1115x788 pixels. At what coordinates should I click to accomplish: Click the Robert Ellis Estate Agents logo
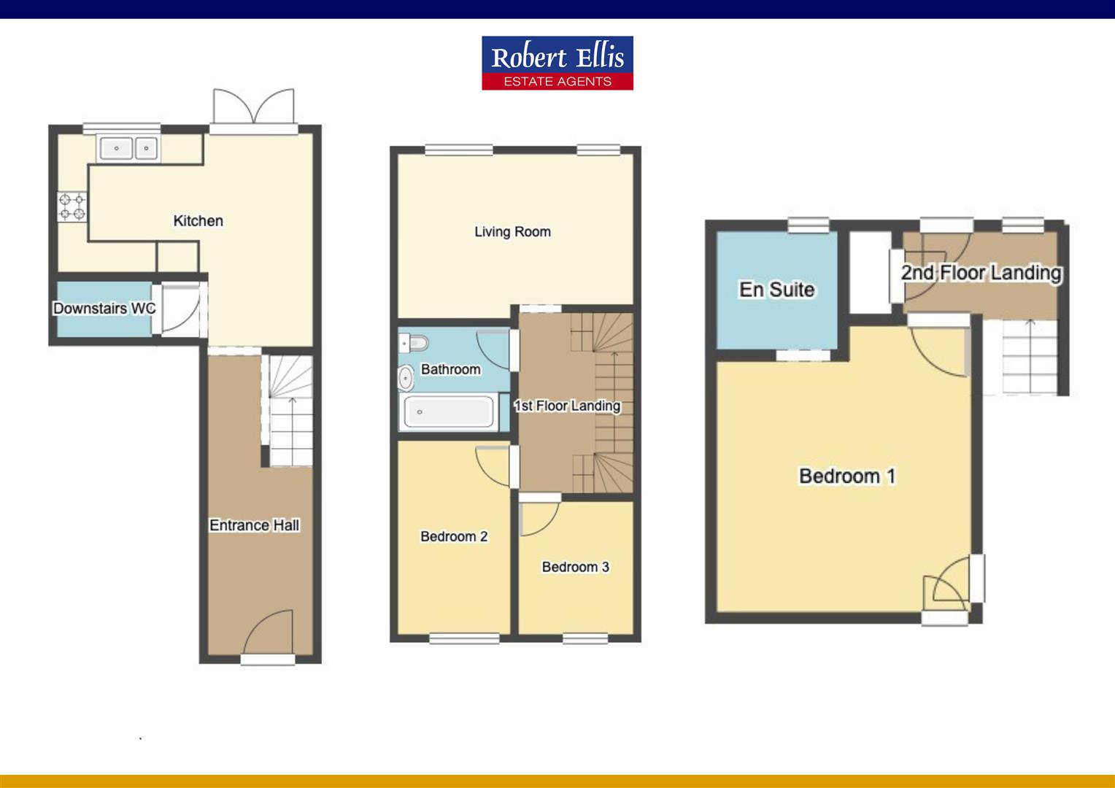557,63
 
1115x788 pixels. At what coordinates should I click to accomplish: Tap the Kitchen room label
198,220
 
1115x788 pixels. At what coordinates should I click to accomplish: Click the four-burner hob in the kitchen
72,206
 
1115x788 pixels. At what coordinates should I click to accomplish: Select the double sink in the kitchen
129,148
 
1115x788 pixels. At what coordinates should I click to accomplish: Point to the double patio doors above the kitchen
253,107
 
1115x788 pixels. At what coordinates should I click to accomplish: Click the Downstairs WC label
104,308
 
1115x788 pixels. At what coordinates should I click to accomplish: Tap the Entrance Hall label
255,525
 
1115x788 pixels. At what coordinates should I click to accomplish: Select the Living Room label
513,231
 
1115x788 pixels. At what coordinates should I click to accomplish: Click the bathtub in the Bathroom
449,412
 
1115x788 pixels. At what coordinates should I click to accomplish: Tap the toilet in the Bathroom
414,343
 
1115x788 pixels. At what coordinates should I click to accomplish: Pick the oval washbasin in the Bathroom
406,379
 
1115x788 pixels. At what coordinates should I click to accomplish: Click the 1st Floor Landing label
567,406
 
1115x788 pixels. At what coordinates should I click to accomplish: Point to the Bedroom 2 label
454,536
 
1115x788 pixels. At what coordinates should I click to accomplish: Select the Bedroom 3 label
576,566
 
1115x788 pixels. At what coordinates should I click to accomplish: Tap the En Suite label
777,289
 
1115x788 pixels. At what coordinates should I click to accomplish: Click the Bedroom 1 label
847,476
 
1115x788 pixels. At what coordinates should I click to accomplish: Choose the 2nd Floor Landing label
981,273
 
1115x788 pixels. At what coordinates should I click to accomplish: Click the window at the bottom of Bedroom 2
464,638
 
